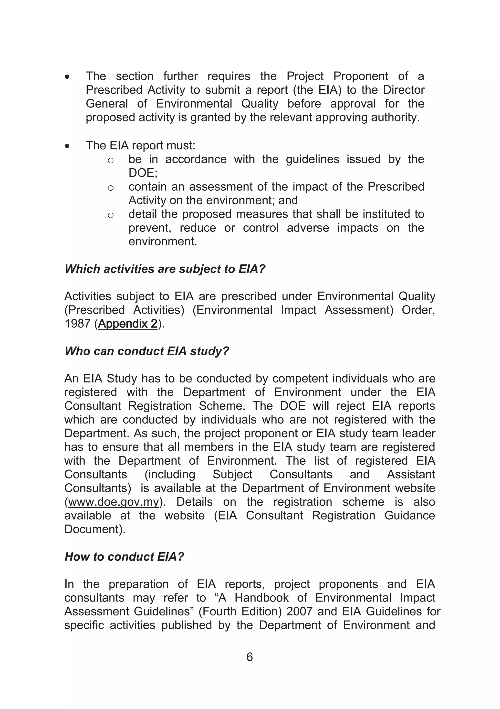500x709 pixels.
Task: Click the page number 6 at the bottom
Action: click(x=250, y=657)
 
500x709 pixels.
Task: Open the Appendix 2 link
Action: click(x=128, y=324)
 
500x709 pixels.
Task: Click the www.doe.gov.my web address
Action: click(x=113, y=502)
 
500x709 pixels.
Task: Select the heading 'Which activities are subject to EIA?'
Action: click(x=165, y=269)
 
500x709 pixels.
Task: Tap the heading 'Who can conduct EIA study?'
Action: click(x=147, y=351)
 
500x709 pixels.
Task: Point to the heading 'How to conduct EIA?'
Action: click(x=124, y=556)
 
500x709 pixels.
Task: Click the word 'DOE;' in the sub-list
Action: click(x=143, y=173)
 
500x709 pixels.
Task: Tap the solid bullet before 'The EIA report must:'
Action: click(x=67, y=146)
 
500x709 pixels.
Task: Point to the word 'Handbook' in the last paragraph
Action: click(x=261, y=598)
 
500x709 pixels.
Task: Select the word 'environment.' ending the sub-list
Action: click(x=163, y=241)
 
